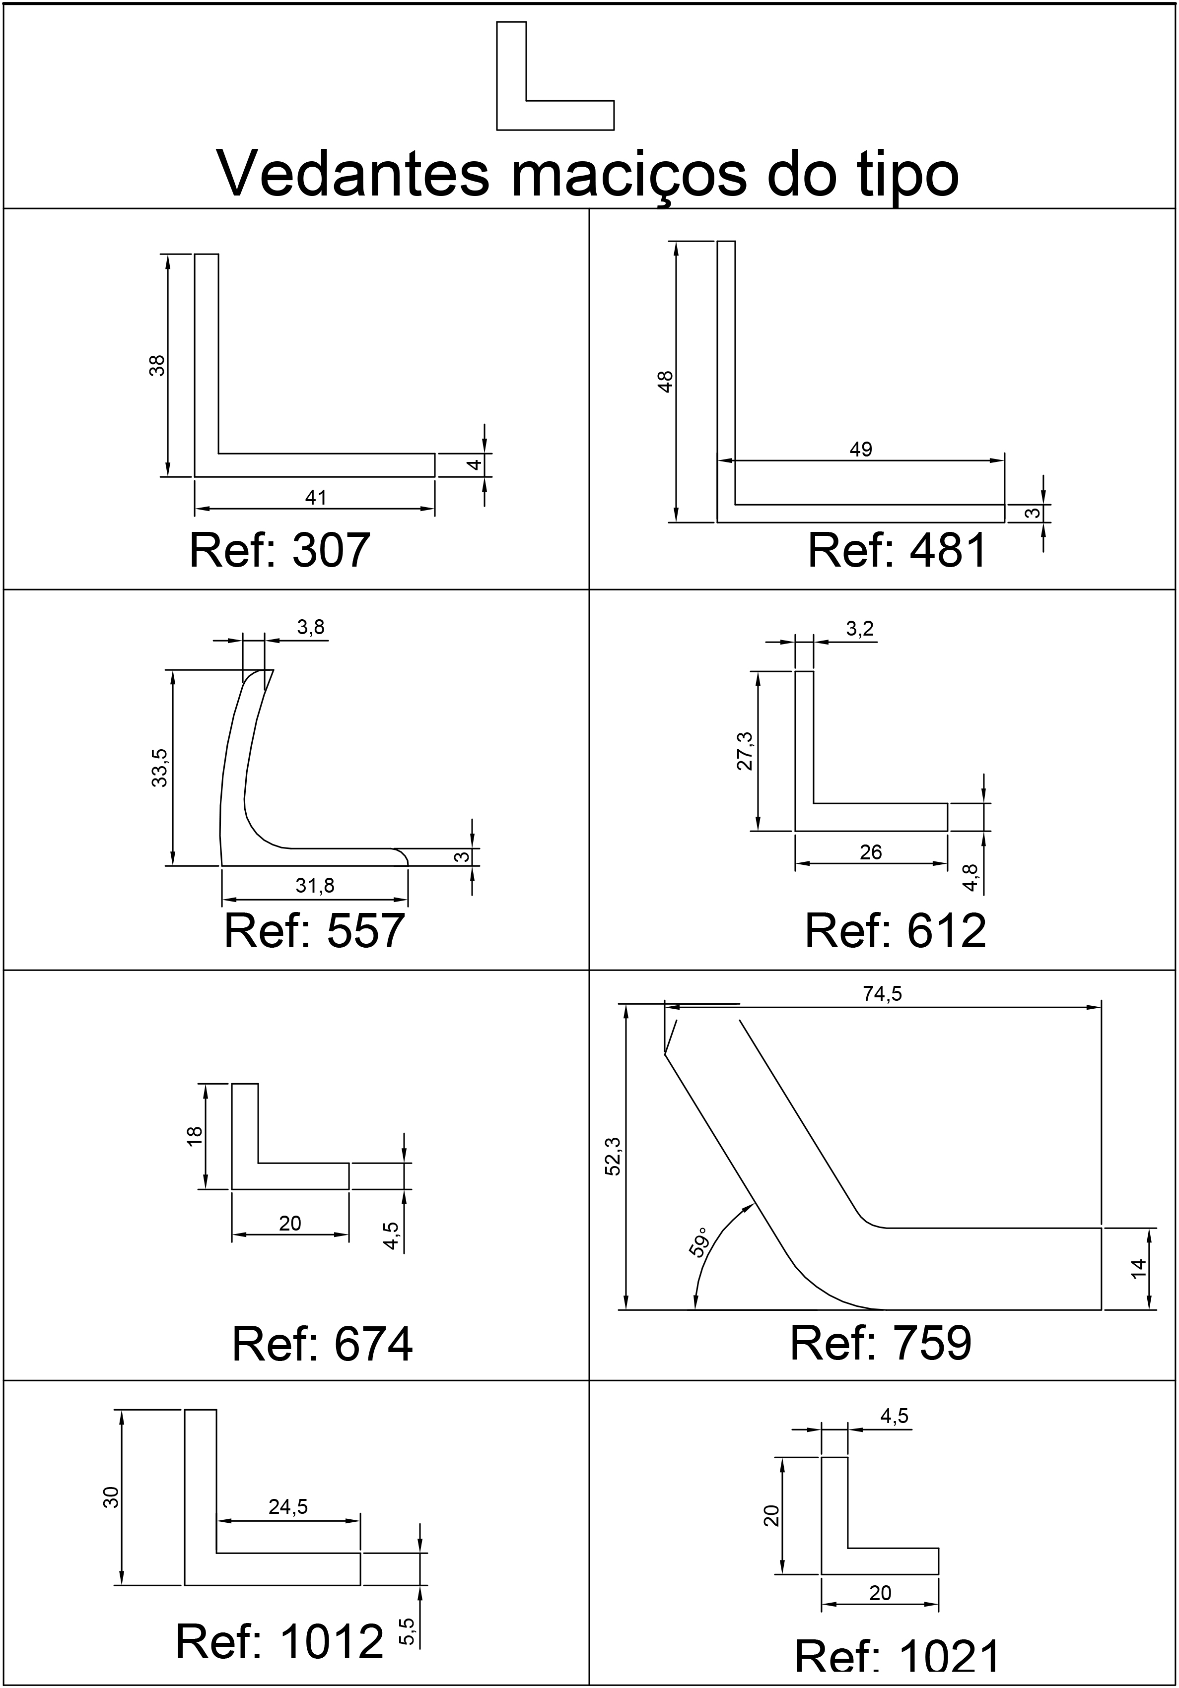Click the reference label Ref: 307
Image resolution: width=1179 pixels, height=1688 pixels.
(x=279, y=551)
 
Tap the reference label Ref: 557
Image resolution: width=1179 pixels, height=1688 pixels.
(x=314, y=931)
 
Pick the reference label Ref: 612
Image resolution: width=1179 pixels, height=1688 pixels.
(x=895, y=931)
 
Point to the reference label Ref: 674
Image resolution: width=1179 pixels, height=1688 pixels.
(x=322, y=1344)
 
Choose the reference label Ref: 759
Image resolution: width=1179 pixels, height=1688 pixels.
(x=880, y=1343)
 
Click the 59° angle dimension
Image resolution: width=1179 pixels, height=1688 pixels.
(x=699, y=1242)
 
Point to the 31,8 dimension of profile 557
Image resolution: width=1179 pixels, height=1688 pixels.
(x=315, y=886)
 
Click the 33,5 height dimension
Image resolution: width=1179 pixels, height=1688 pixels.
(x=160, y=768)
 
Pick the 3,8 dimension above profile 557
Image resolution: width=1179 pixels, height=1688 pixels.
(x=310, y=627)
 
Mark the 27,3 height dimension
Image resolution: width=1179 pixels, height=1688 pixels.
(x=745, y=751)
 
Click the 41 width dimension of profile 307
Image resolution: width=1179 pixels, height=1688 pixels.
(x=316, y=498)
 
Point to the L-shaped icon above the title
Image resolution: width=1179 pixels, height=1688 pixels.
(x=555, y=76)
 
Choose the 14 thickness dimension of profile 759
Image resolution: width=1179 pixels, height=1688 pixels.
(x=1138, y=1268)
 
